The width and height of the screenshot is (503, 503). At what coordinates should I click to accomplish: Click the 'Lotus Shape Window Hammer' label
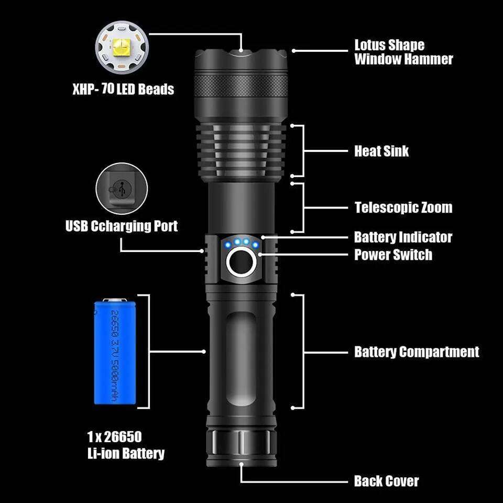point(403,52)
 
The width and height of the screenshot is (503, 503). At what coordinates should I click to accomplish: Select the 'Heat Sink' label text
point(381,151)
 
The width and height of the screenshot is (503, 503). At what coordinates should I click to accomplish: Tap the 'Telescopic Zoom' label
point(403,207)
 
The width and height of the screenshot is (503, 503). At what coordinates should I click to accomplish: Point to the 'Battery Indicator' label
point(403,237)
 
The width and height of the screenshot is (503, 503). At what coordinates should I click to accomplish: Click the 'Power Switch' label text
point(393,255)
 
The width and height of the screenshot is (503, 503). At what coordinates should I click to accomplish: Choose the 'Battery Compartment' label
point(417,352)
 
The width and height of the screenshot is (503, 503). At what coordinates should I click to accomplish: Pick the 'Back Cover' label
point(386,481)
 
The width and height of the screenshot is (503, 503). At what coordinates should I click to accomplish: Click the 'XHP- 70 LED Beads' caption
point(123,89)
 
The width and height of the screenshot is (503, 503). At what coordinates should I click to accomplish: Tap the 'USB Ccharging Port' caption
point(122,226)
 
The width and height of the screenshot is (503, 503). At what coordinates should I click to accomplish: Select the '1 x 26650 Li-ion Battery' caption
point(126,445)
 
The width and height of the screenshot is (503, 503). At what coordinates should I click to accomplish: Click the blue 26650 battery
point(115,351)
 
